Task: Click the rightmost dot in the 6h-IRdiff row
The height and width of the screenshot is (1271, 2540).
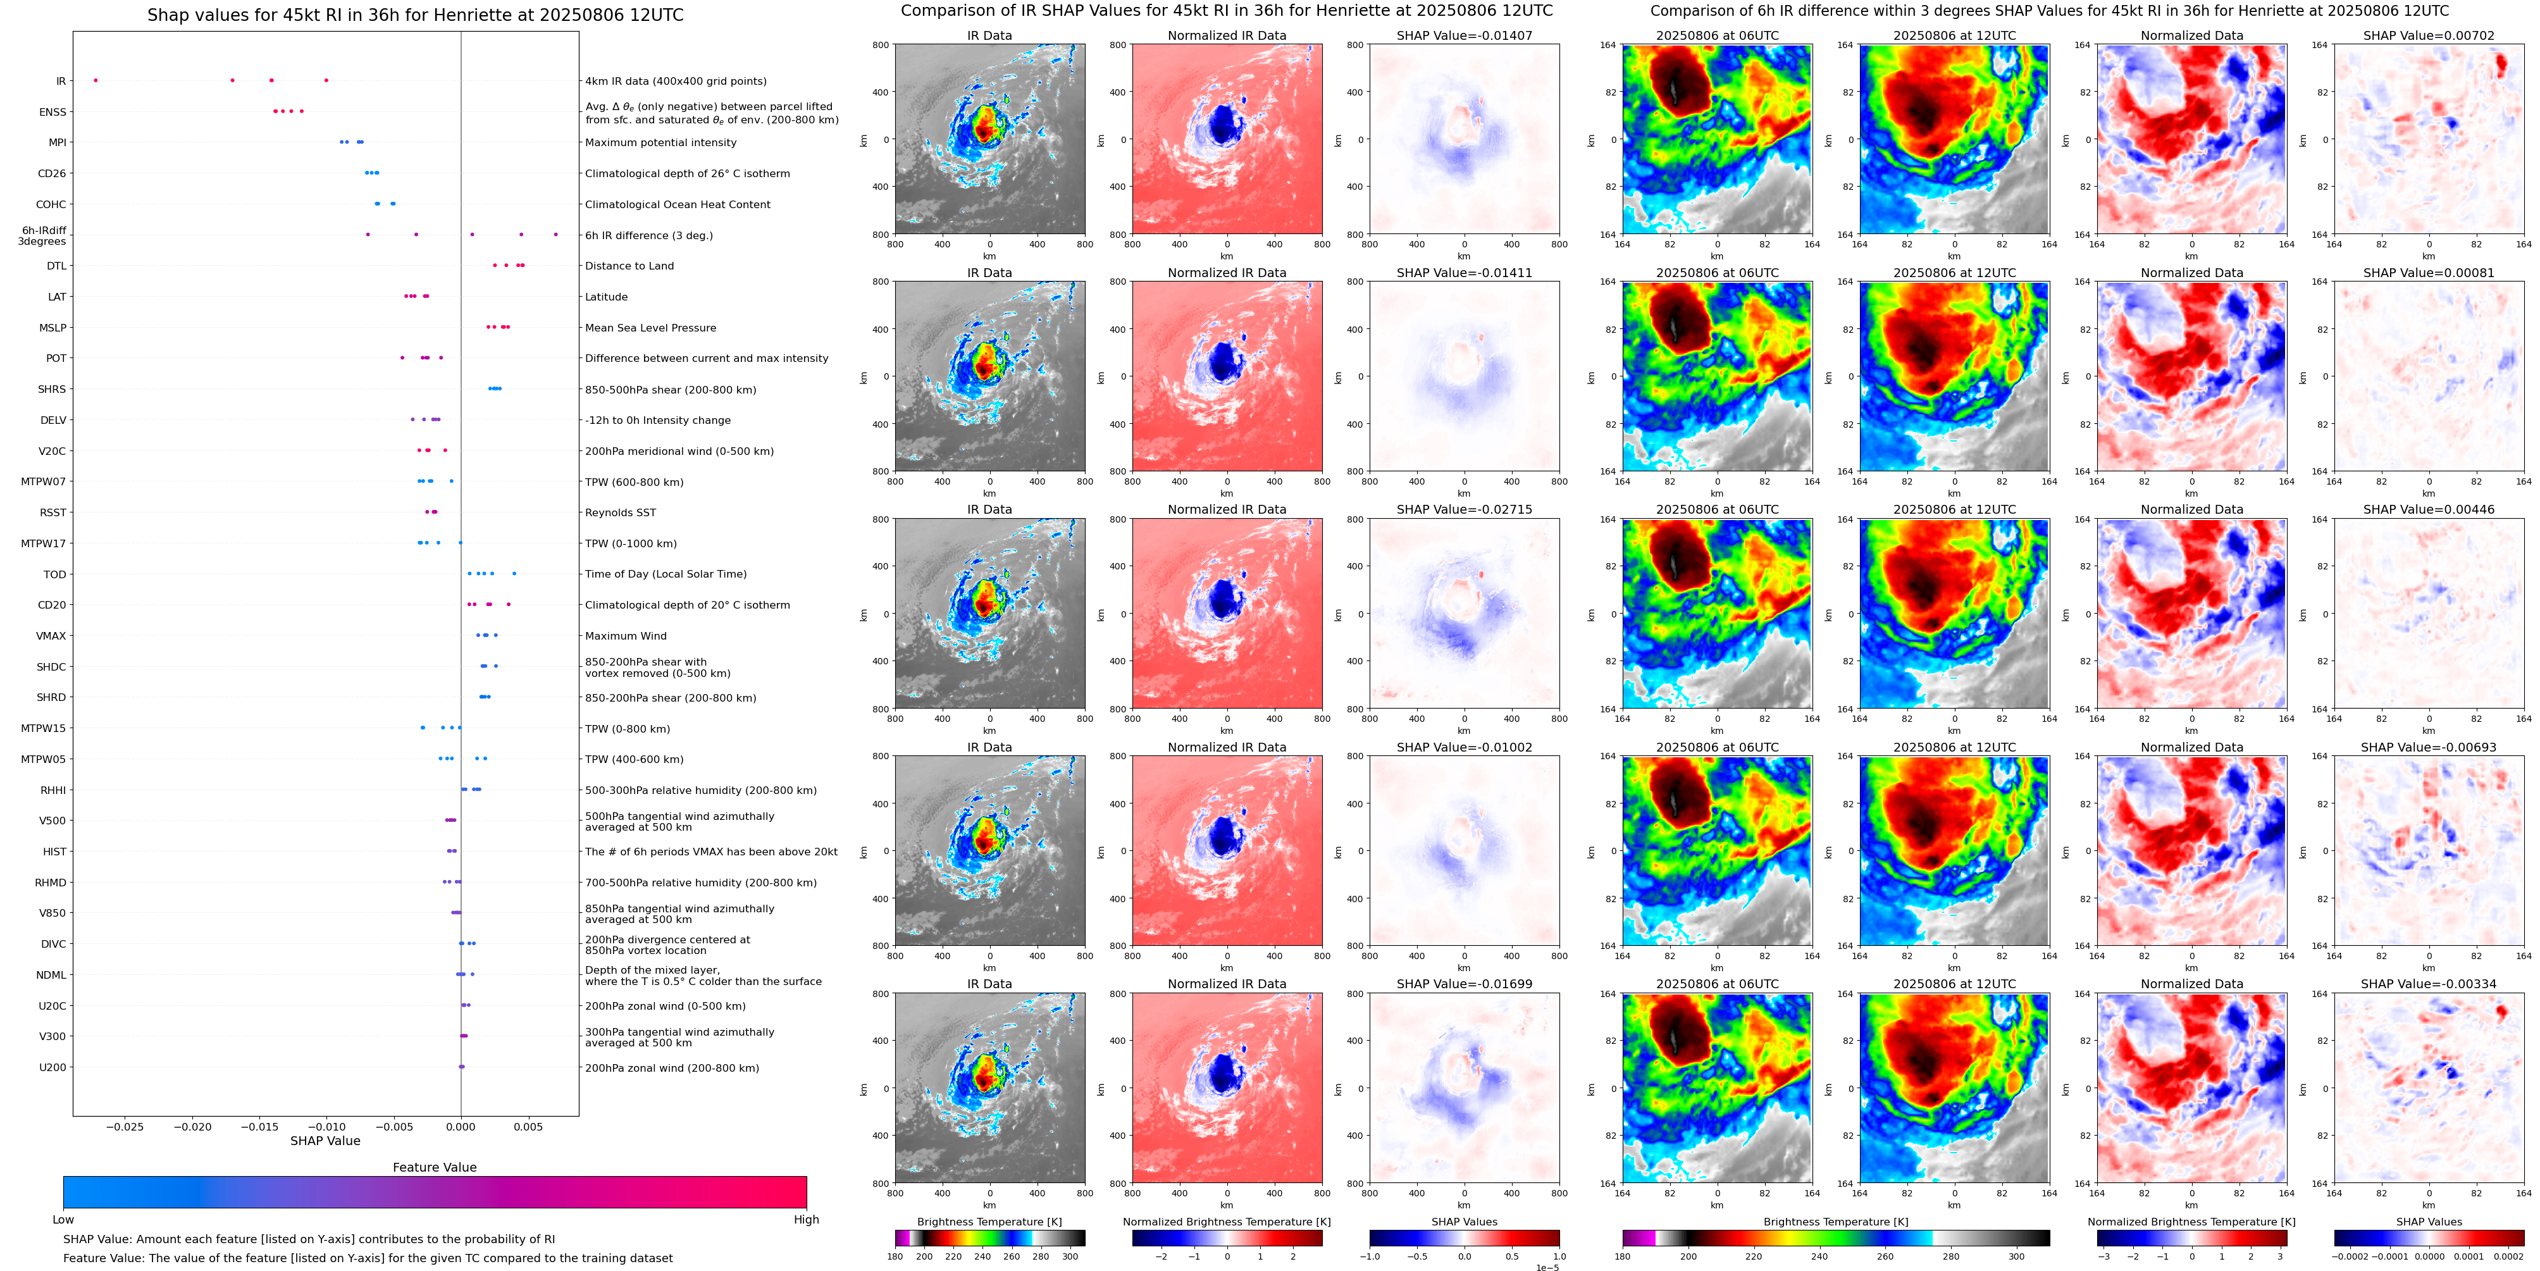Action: pos(556,235)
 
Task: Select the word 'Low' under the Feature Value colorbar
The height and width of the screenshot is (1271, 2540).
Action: pos(63,1220)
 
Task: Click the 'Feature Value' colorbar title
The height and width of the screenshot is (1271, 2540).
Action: pos(434,1167)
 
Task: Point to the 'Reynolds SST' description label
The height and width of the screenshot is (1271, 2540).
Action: pos(620,512)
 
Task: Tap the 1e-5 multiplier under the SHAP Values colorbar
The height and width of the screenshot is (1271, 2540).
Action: pos(1547,1267)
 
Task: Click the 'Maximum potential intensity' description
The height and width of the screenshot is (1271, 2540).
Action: pos(660,143)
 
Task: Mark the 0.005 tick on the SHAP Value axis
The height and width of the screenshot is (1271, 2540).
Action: pos(528,1127)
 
